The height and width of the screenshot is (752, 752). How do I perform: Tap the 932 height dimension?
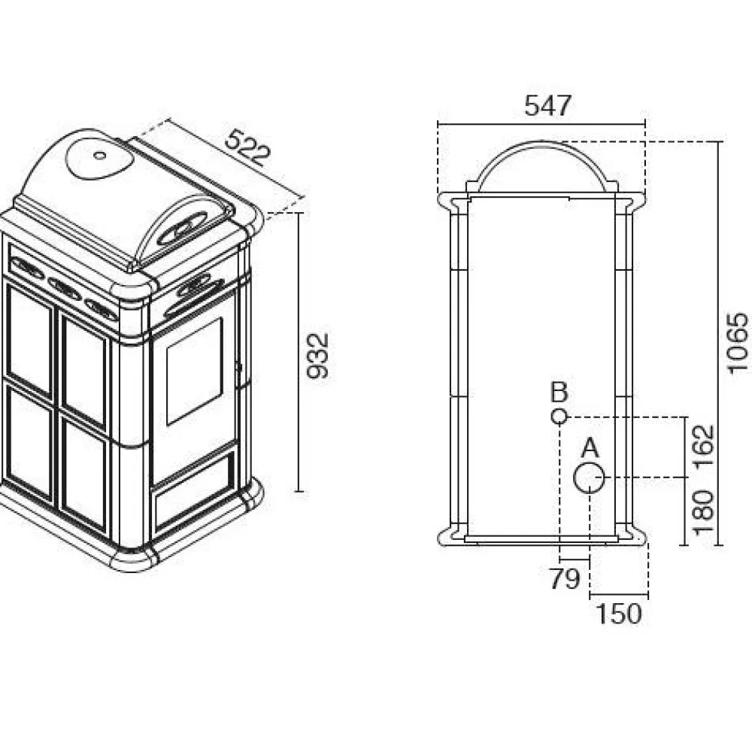[317, 356]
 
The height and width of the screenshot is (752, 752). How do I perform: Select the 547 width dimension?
[547, 105]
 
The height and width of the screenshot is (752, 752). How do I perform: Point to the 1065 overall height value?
[737, 342]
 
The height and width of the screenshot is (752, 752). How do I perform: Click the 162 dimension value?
[704, 446]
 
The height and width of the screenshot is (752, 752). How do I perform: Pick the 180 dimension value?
[704, 512]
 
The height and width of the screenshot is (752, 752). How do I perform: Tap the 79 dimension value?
[565, 579]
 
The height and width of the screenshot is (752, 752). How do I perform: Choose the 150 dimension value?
[618, 614]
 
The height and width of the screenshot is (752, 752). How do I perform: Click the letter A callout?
[590, 448]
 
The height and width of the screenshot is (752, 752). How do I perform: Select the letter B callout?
[559, 392]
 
